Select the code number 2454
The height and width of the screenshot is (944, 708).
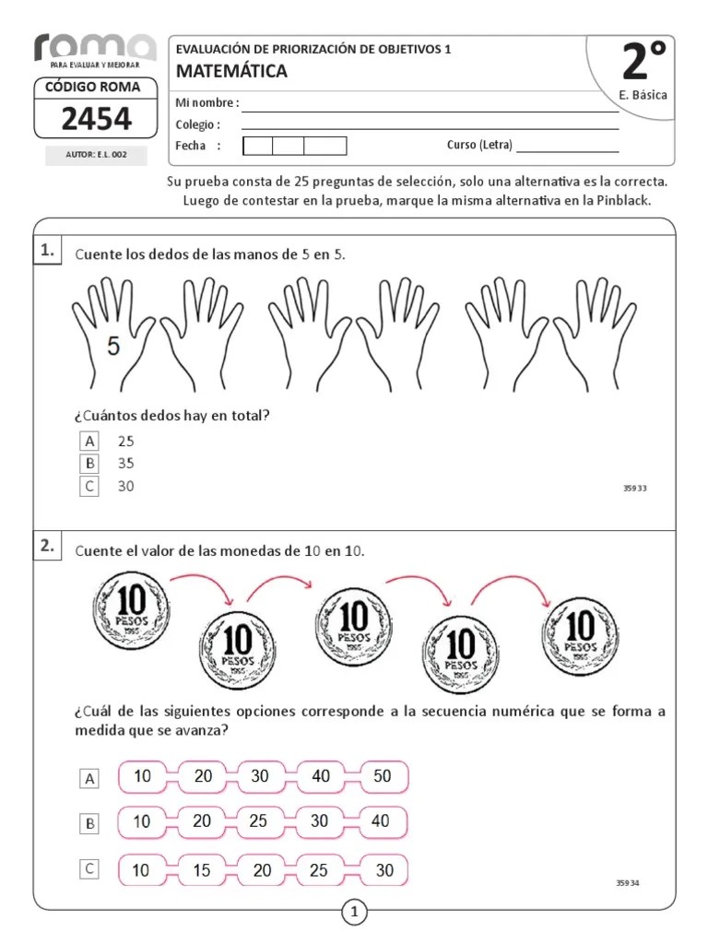tap(96, 119)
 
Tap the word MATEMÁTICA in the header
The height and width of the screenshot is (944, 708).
tap(231, 71)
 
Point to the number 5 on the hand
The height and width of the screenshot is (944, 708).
tap(113, 347)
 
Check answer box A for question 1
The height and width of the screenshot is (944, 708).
tap(89, 441)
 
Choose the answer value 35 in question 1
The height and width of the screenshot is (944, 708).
tap(125, 464)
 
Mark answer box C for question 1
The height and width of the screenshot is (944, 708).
tap(89, 487)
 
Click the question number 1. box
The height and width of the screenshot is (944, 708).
tap(48, 251)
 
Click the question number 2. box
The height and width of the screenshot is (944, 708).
tap(48, 547)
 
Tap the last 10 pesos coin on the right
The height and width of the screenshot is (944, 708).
tap(580, 632)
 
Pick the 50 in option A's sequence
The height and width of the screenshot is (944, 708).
tap(382, 776)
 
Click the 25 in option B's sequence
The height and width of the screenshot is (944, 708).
tap(258, 821)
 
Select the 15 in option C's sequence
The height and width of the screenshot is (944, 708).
tap(202, 869)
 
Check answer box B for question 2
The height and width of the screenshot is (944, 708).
tap(89, 824)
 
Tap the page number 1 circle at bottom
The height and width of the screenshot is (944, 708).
tap(354, 913)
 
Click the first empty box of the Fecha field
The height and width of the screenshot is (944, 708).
tap(257, 146)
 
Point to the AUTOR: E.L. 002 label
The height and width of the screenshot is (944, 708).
tap(96, 156)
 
